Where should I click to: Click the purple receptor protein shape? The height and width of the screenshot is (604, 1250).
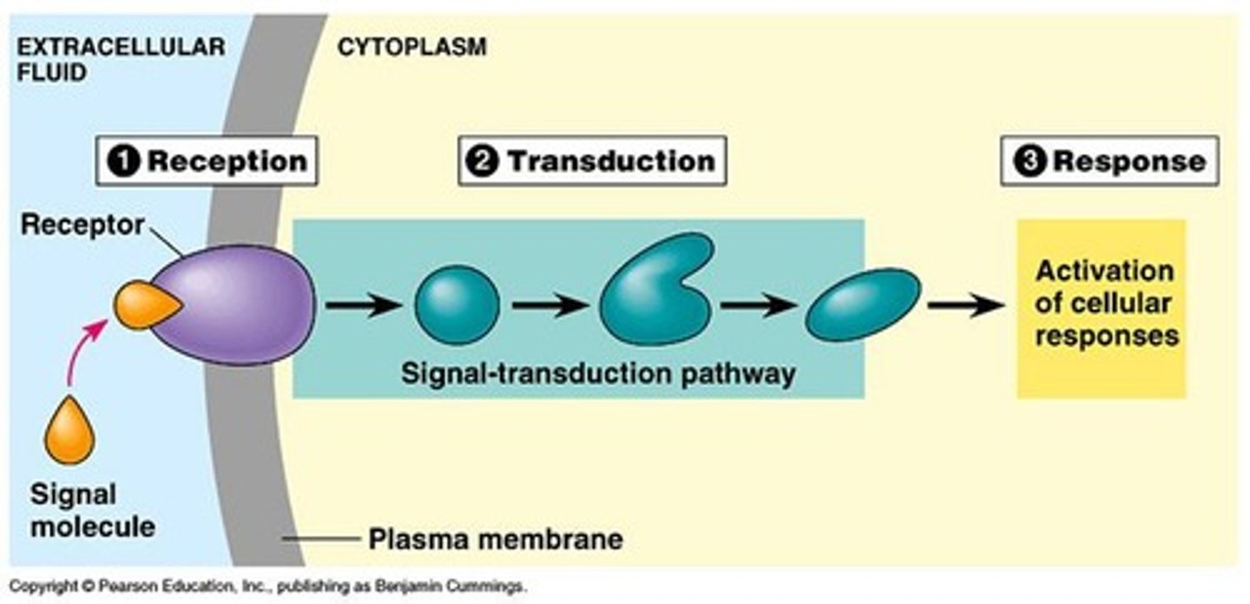click(x=239, y=304)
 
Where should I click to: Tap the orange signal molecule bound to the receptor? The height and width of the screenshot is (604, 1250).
click(x=144, y=306)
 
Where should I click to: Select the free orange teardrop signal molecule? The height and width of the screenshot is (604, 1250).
click(x=69, y=431)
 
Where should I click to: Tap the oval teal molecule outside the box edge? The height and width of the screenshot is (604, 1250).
click(x=863, y=304)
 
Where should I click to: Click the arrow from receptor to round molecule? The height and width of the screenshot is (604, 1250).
click(x=363, y=305)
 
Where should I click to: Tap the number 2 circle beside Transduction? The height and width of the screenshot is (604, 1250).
click(x=483, y=161)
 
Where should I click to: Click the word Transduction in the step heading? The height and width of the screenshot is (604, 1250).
click(x=611, y=161)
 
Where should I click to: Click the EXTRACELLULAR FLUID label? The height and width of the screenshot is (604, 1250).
click(x=120, y=58)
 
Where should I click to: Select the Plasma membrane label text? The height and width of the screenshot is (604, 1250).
click(x=496, y=539)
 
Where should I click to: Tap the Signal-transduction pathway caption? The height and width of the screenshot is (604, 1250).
click(x=598, y=374)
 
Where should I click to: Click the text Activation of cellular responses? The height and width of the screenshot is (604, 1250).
click(x=1102, y=304)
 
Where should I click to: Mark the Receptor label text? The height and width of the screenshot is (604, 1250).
click(x=82, y=225)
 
